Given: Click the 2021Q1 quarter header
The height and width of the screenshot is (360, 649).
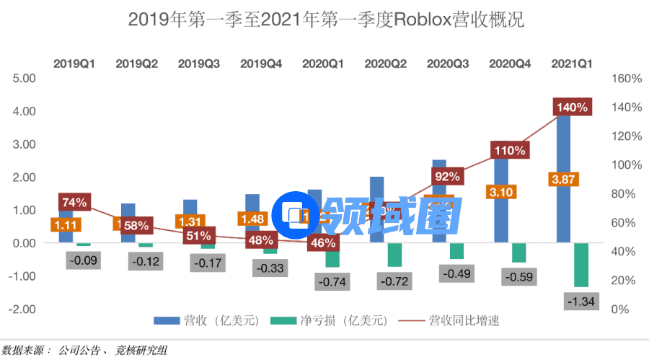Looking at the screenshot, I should [572, 63].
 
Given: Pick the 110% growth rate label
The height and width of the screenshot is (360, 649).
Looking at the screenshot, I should [511, 150].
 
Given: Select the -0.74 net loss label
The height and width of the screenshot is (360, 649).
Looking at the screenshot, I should [334, 281].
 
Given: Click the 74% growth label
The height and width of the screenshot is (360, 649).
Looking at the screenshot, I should [74, 202].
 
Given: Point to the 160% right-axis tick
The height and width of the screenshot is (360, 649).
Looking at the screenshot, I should [624, 78].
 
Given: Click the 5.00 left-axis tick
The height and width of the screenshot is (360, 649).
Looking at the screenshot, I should [24, 78].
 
